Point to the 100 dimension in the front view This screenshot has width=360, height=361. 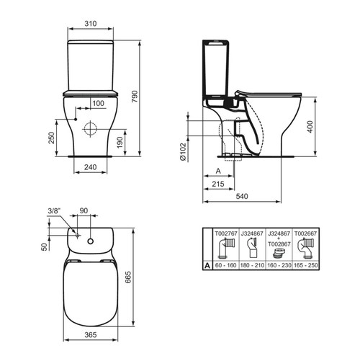point(97,104)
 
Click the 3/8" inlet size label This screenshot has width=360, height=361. point(54,210)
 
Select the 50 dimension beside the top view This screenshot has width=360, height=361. point(43,247)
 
